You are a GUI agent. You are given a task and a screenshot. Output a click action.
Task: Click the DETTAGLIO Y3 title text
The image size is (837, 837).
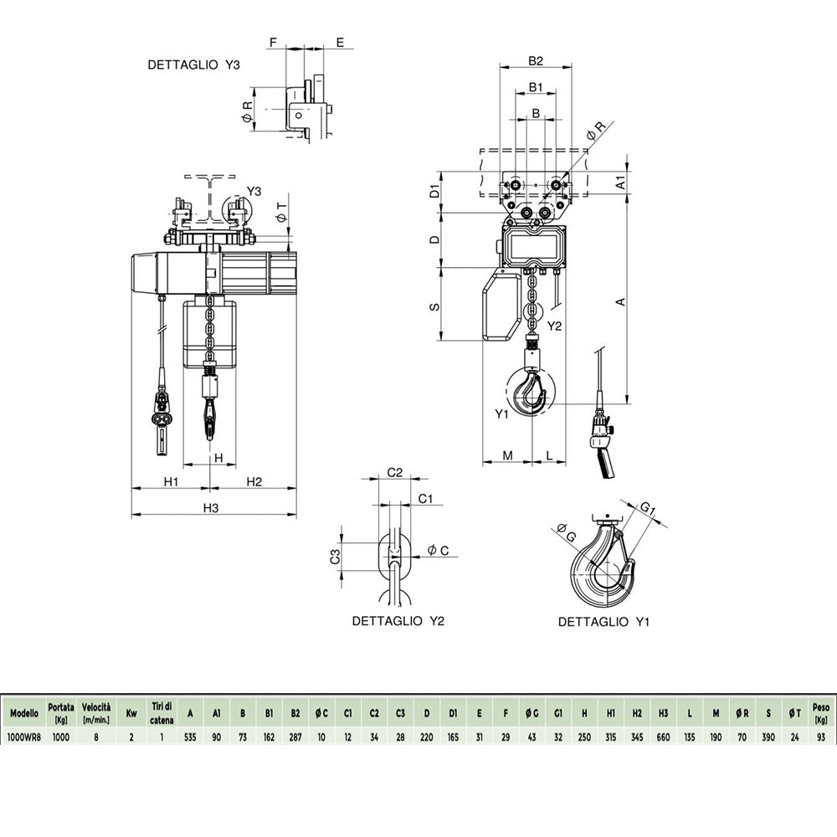tap(194, 65)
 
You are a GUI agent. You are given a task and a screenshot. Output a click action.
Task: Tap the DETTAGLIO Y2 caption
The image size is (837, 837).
tap(398, 621)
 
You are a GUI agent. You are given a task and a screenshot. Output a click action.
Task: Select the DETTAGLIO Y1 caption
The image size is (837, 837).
tap(603, 622)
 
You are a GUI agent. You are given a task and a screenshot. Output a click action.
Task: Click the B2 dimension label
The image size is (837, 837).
tap(536, 61)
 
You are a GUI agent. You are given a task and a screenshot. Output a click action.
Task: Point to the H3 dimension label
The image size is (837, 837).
tap(211, 508)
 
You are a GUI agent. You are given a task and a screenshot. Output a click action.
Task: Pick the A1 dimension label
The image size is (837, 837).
tap(620, 182)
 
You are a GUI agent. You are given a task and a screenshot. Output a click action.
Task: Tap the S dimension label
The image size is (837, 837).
tap(435, 307)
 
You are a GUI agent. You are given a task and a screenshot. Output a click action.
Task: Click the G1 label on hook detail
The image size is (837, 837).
tap(648, 509)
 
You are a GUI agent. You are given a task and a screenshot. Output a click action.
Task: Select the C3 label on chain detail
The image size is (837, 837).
tap(335, 557)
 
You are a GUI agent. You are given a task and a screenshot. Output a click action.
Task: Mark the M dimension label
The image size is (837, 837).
tap(508, 455)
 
